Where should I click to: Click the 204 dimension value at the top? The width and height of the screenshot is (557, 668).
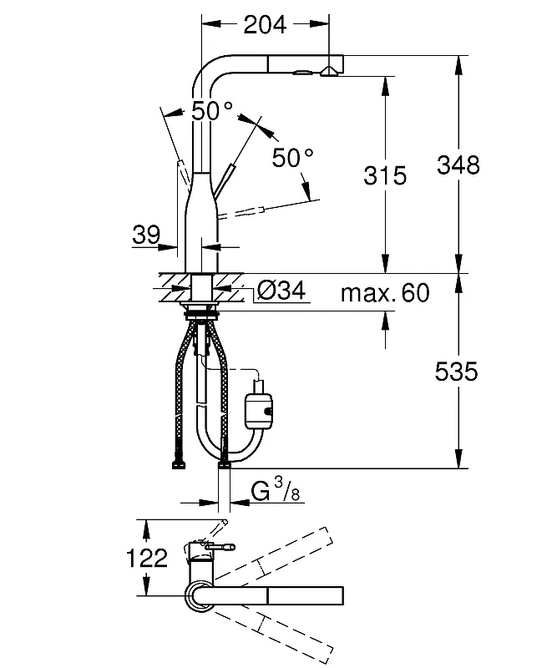[x=265, y=25]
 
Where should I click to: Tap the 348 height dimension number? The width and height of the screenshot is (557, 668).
[x=458, y=164]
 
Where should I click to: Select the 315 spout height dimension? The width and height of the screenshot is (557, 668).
[x=385, y=175]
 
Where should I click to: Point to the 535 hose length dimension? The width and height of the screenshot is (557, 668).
[x=457, y=372]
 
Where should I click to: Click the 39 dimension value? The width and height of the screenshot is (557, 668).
[x=146, y=235]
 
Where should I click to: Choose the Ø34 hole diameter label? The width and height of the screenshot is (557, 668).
[x=281, y=291]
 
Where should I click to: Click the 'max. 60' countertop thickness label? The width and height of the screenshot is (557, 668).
[x=385, y=293]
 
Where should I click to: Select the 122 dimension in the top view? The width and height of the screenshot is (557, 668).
[x=148, y=558]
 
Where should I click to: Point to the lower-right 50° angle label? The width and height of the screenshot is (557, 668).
[x=293, y=158]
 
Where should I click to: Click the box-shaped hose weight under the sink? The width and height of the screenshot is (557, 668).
[x=258, y=410]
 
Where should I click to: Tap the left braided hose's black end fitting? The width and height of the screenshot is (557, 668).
[x=179, y=464]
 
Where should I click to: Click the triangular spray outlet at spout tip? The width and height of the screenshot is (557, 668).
[x=328, y=72]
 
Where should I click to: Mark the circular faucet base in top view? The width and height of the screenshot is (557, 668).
[x=198, y=595]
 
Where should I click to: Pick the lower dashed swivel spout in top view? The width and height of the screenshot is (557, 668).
[x=273, y=636]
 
